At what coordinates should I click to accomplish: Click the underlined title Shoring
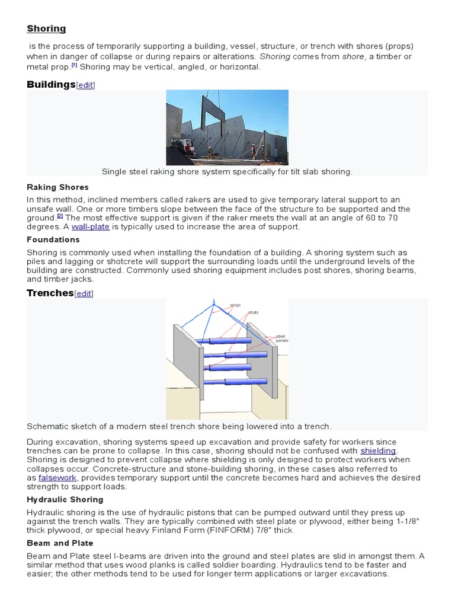point(46,28)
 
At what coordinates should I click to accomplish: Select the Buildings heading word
point(51,84)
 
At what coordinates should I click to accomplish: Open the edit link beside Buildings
point(85,85)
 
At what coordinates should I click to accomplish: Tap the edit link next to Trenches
point(84,294)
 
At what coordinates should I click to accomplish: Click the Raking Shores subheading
point(57,187)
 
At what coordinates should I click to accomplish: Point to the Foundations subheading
point(53,239)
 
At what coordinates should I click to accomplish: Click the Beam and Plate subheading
point(60,543)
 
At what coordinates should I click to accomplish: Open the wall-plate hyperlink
point(91,226)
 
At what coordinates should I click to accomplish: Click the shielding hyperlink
point(378,451)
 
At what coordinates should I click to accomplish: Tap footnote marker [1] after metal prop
point(74,65)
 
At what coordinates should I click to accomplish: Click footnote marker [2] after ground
point(60,216)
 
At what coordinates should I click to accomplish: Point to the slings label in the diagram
point(235,305)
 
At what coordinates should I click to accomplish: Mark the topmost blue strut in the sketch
point(228,341)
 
